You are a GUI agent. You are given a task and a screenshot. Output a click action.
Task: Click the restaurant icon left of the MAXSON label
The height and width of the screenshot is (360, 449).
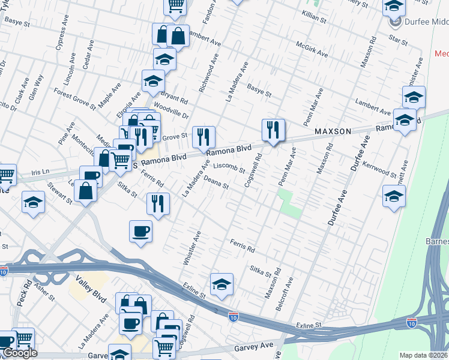273,130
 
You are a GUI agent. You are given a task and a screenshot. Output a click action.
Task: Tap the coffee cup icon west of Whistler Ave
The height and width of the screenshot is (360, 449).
140,231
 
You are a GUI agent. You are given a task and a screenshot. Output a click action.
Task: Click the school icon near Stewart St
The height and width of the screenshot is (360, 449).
33,202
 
